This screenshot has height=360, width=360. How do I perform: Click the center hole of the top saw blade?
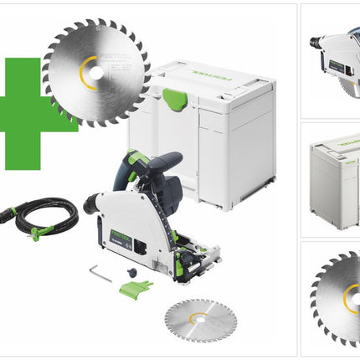click(95, 73)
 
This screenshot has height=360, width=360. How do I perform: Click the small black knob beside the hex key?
click(131, 270)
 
